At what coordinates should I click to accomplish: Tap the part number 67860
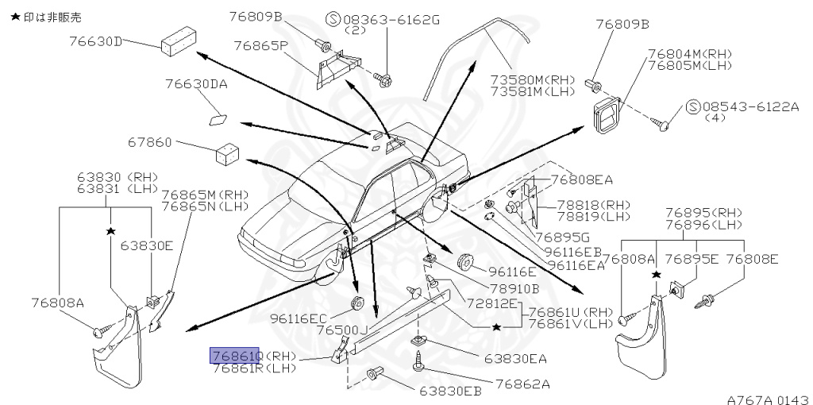[149, 143]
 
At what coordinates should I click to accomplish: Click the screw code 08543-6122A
[750, 106]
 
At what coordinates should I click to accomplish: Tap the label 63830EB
[450, 391]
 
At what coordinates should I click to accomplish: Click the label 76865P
[260, 45]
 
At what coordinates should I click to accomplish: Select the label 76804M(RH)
[688, 53]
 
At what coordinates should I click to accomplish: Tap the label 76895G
[561, 237]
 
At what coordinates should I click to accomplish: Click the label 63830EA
[516, 359]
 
